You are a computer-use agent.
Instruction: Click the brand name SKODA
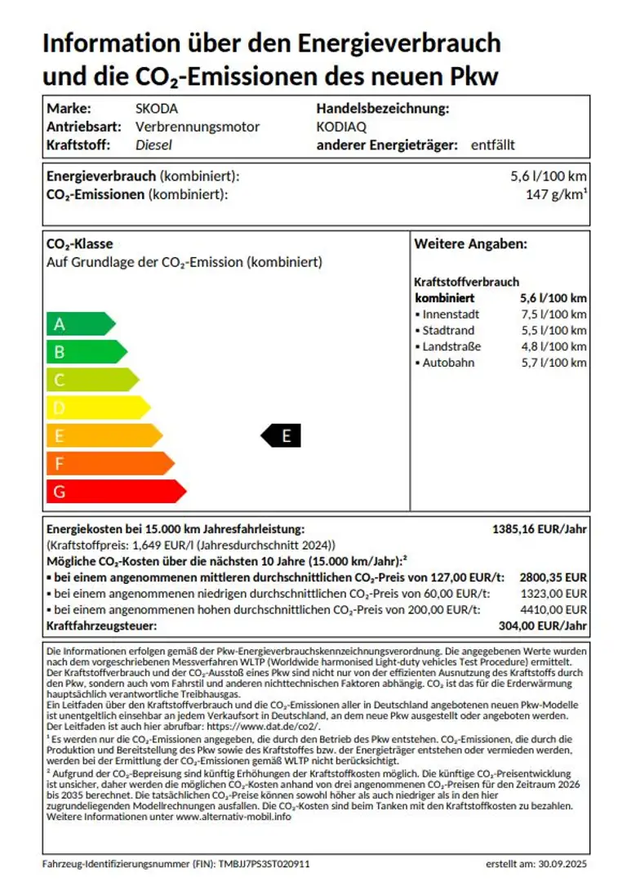156,108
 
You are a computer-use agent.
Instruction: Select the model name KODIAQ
341,127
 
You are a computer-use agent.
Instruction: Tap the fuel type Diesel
153,145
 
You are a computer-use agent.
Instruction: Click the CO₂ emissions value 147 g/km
557,194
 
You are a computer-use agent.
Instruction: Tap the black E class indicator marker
282,436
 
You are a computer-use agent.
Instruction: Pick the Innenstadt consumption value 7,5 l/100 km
553,314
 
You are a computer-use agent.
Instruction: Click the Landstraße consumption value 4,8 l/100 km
553,346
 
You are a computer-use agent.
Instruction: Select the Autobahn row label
447,363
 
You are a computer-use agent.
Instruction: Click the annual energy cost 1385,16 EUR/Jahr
539,528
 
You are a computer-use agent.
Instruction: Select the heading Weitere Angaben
470,244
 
